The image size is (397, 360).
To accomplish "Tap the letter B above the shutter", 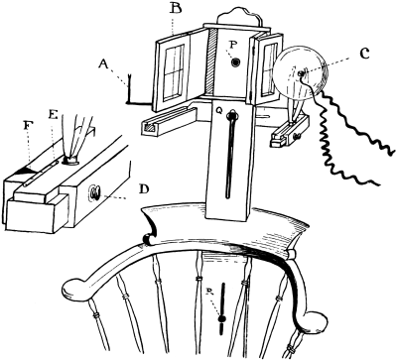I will pyautogui.click(x=176, y=9).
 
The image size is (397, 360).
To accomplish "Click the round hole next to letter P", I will pyautogui.click(x=236, y=62).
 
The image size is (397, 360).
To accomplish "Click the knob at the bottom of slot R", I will pyautogui.click(x=222, y=317).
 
